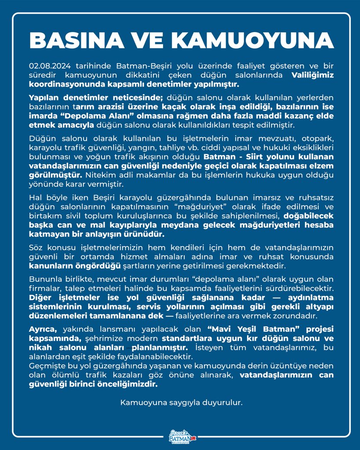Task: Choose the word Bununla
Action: pos(44,279)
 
